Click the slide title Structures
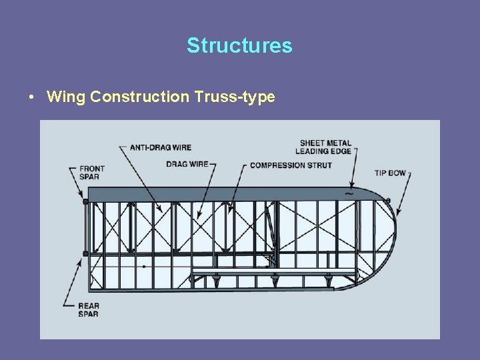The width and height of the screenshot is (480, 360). coord(239,45)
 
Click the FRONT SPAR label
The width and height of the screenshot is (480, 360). coord(92,173)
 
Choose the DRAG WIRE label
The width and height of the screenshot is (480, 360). coord(187,164)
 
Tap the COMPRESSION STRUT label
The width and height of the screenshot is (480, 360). coord(291,165)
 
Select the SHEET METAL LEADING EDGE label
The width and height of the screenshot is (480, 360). coord(323,147)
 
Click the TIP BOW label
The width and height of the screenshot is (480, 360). coord(390,173)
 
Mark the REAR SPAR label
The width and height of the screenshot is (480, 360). coord(89,310)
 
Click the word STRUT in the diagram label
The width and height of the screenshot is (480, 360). coord(319,165)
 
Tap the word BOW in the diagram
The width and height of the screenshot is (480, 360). coord(397,173)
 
